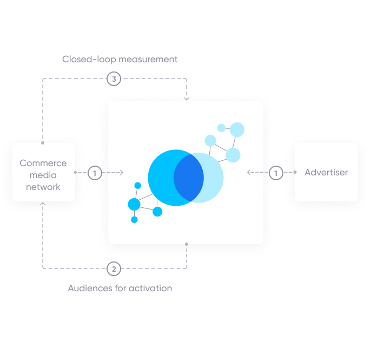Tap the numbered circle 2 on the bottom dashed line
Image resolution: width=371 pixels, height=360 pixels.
113,268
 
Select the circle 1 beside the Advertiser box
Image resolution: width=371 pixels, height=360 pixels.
276,173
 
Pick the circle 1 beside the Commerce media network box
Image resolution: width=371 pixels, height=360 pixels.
95,173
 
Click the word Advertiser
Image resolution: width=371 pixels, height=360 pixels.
326,173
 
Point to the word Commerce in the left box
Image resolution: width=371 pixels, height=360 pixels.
43,163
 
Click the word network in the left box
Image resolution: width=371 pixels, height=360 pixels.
43,187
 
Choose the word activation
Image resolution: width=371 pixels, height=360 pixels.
151,288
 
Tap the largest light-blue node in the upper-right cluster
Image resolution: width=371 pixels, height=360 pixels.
237,129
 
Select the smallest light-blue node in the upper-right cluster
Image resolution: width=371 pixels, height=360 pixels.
221,128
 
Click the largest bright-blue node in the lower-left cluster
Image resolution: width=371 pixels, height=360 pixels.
134,204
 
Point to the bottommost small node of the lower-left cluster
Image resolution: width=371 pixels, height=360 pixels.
134,219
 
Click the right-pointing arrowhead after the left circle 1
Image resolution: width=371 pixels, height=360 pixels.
121,173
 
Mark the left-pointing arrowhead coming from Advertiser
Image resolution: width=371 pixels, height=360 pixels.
249,173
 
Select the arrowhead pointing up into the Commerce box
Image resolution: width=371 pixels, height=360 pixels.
43,205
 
